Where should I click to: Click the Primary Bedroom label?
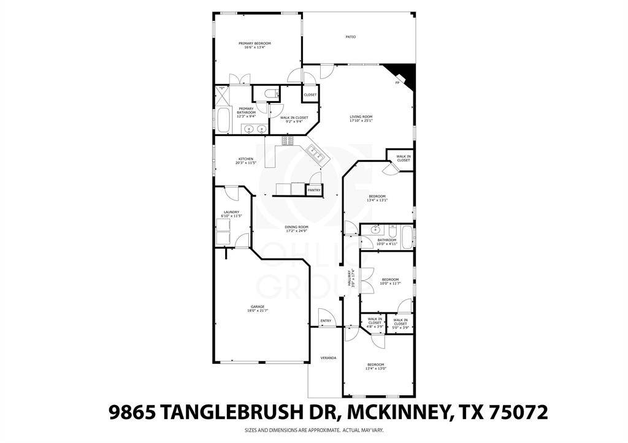coord(255,43)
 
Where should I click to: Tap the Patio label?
coord(350,37)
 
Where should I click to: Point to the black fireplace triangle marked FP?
coord(406,75)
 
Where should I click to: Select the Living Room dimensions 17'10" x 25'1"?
coord(361,121)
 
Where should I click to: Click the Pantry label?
coord(314,191)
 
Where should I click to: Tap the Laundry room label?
coord(231,212)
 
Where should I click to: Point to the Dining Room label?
coord(296,227)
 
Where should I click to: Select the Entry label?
coord(326,320)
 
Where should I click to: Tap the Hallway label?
coord(350,279)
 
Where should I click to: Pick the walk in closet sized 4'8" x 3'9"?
coord(375,323)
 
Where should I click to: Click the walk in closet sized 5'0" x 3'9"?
coord(400,323)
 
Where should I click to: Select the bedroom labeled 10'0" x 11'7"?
coord(390,281)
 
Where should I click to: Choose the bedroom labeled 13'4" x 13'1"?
coord(377,198)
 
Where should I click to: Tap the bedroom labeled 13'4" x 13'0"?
coord(375,366)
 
